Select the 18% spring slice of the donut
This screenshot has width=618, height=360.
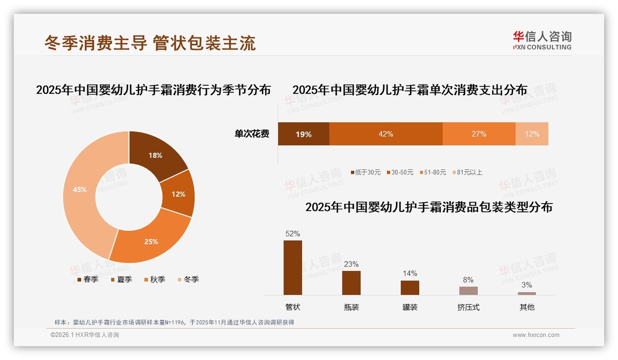pyautogui.click(x=155, y=156)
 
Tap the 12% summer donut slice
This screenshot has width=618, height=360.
pyautogui.click(x=178, y=194)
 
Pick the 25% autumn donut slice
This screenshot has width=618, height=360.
pyautogui.click(x=151, y=241)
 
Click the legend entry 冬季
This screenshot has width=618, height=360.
pyautogui.click(x=188, y=279)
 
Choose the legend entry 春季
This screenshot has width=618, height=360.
pyautogui.click(x=88, y=279)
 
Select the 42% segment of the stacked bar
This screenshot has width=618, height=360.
pyautogui.click(x=386, y=134)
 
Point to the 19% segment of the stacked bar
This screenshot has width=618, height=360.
pyautogui.click(x=303, y=134)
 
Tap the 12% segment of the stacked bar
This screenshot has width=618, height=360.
pyautogui.click(x=532, y=134)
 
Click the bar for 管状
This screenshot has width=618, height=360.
pyautogui.click(x=293, y=268)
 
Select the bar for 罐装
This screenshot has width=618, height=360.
pyautogui.click(x=410, y=288)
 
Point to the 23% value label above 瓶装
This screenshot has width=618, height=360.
pyautogui.click(x=351, y=264)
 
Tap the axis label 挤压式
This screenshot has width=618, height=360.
pyautogui.click(x=468, y=307)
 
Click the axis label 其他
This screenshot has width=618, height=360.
pyautogui.click(x=527, y=307)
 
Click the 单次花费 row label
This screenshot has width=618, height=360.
pyautogui.click(x=252, y=134)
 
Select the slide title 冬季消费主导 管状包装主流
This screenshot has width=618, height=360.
pyautogui.click(x=150, y=43)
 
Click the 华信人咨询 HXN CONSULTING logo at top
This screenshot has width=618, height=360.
pyautogui.click(x=542, y=40)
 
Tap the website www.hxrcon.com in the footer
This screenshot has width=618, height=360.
pyautogui.click(x=536, y=335)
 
